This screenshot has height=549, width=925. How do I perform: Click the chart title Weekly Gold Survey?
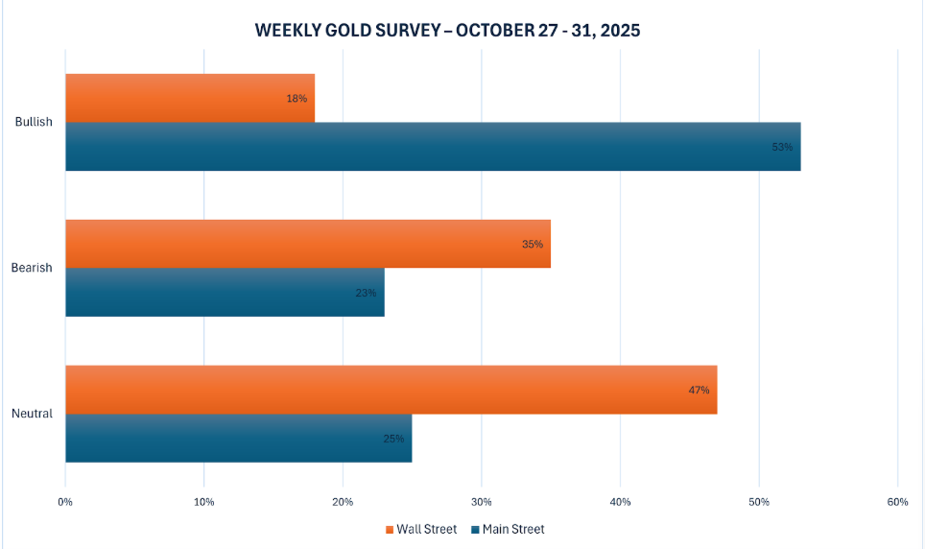447,30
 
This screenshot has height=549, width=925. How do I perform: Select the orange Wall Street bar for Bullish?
189,98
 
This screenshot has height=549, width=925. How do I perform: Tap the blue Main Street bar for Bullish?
432,147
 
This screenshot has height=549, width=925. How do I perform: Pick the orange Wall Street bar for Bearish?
307,244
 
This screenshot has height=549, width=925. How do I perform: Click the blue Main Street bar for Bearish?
225,293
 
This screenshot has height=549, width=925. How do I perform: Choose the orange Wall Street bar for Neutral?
391,390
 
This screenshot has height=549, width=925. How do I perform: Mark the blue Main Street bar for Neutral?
238,439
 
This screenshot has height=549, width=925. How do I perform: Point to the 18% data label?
296,99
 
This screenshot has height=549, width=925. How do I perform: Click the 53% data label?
782,147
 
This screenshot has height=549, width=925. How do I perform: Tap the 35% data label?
533,244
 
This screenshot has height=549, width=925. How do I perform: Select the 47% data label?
699,390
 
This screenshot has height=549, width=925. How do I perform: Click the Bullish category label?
34,122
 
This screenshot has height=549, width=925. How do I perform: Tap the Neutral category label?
32,414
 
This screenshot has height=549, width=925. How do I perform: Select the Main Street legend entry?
508,529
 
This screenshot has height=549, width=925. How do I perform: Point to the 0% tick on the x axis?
65,502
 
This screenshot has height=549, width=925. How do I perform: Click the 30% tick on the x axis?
481,502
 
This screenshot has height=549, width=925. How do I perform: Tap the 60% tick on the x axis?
897,502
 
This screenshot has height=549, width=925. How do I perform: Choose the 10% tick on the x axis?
203,502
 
